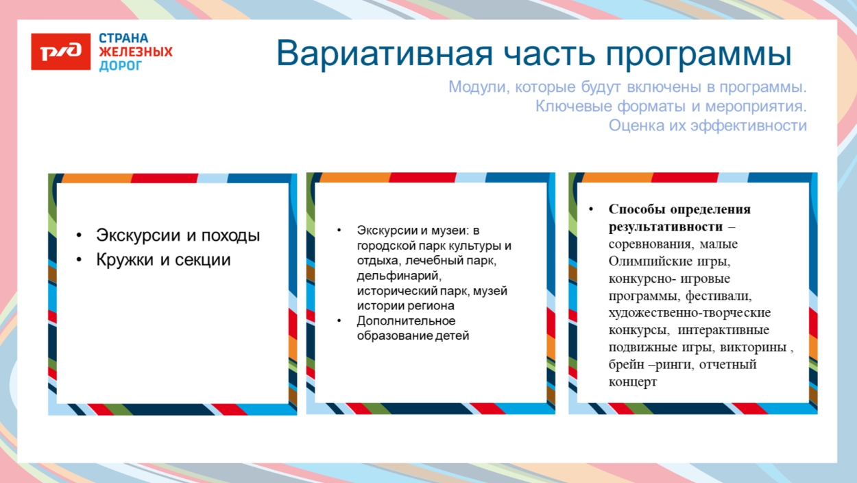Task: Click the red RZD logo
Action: (60, 51)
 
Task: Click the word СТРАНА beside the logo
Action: (123, 38)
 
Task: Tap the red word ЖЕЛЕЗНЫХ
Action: (136, 52)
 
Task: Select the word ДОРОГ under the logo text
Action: (121, 66)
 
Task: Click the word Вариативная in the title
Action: (384, 54)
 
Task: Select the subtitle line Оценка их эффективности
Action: (707, 126)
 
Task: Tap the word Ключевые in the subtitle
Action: (570, 107)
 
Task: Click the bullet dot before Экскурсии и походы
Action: (80, 235)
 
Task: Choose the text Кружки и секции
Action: (163, 260)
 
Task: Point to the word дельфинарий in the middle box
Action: (395, 276)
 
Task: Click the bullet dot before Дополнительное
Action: (339, 321)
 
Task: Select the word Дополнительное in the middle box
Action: (406, 321)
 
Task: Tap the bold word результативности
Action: (665, 226)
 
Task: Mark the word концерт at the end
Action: (632, 382)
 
